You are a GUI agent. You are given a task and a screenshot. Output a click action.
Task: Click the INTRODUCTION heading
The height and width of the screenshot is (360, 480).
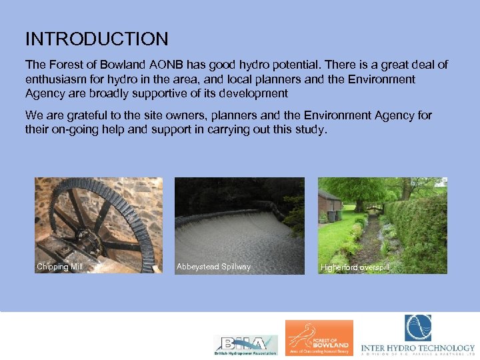(x=97, y=39)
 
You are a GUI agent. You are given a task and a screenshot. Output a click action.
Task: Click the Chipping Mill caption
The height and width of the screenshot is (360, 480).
(x=60, y=267)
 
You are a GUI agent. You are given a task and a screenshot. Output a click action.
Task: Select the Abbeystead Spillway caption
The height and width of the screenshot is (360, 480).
(x=213, y=267)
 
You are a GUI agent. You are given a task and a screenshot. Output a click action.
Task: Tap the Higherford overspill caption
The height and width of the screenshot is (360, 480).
(x=355, y=267)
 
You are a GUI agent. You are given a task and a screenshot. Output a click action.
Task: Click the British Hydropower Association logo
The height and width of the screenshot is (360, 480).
(x=245, y=345)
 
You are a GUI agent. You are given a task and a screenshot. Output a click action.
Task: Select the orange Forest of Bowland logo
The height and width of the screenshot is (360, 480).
(x=319, y=337)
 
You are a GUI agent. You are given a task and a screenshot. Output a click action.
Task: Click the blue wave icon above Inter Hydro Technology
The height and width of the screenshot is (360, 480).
(x=418, y=328)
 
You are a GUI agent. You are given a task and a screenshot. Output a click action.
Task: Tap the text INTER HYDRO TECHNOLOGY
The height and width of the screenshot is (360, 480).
(x=418, y=348)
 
